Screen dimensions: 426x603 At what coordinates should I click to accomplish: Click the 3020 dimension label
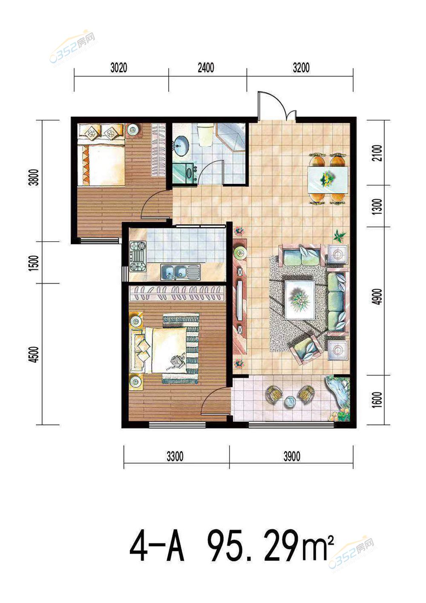[x=118, y=68]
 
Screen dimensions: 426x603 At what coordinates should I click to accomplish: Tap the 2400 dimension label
[x=206, y=68]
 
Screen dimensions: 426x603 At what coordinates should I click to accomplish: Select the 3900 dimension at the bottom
[x=291, y=457]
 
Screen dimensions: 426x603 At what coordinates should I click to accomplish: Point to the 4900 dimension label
[x=378, y=297]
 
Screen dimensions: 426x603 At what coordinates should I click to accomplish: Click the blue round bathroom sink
[x=181, y=146]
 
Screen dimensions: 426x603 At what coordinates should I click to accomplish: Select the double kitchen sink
[x=181, y=272]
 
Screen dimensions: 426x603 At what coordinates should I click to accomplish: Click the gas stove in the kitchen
[x=138, y=256]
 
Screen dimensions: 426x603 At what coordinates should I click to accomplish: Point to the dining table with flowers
[x=328, y=179]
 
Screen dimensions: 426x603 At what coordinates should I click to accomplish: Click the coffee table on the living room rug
[x=300, y=300]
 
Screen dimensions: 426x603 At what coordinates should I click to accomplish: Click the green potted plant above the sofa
[x=339, y=235]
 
